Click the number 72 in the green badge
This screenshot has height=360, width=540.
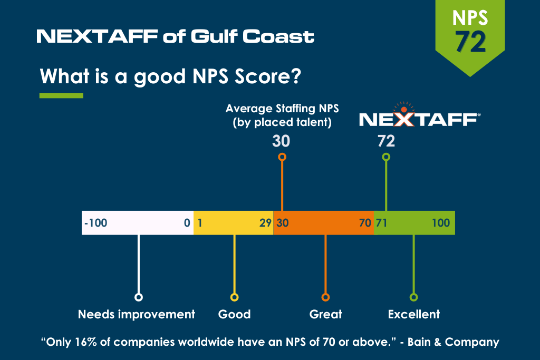pos(470,42)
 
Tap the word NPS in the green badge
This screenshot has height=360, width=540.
pos(470,18)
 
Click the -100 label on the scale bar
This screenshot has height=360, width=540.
pos(96,223)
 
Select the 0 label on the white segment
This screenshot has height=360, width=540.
pos(187,223)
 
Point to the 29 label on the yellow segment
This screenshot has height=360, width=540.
pos(265,223)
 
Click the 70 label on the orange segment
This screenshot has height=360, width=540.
pos(365,223)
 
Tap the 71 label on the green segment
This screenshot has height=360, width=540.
pos(382,223)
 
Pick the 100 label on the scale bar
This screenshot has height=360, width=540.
pos(441,223)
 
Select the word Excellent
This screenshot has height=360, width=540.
pos(413,314)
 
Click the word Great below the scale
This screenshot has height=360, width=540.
pos(325,314)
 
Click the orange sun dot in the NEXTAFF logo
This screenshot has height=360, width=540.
pos(404,110)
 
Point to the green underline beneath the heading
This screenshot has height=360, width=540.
pos(61,95)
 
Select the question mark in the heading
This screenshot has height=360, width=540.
pos(296,76)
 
